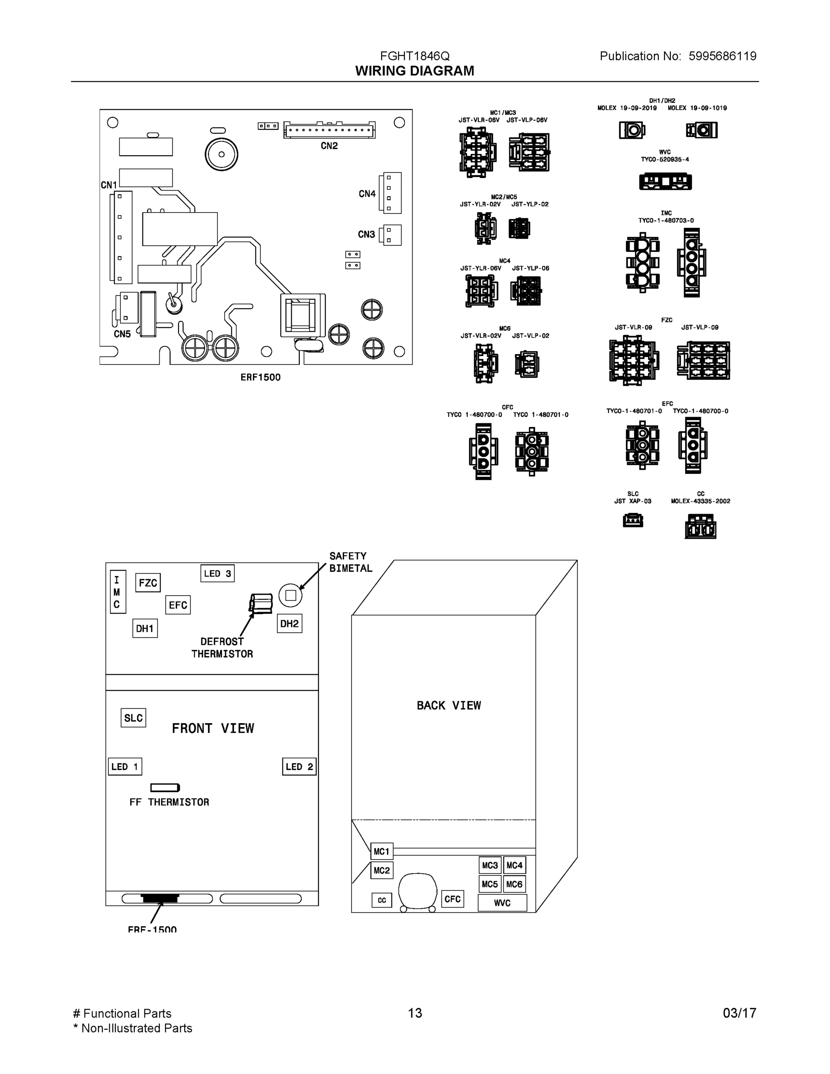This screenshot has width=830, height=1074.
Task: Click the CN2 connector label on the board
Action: [x=329, y=146]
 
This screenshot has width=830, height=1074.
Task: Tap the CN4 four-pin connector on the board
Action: [x=392, y=193]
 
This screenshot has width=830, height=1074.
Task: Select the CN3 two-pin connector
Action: [x=392, y=235]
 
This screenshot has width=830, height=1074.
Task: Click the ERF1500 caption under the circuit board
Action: [x=260, y=377]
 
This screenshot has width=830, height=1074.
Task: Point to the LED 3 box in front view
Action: [x=217, y=573]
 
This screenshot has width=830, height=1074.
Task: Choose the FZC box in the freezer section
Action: [x=148, y=583]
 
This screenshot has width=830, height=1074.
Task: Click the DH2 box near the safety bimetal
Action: [x=289, y=623]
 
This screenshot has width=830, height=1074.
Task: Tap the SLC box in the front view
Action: [x=133, y=718]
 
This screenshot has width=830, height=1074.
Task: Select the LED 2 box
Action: [x=299, y=767]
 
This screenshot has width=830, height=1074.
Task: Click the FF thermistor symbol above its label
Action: [x=165, y=788]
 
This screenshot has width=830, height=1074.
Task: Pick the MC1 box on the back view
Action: [x=381, y=851]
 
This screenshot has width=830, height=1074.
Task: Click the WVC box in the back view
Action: [x=502, y=903]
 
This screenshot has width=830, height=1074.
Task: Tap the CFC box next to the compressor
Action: [x=452, y=899]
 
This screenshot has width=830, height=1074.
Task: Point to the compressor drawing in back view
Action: [x=417, y=892]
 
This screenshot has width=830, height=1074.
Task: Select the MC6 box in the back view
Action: [x=514, y=884]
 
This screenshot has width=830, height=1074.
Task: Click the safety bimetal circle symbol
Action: [x=290, y=595]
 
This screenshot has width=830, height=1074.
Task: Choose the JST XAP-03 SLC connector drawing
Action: [x=633, y=520]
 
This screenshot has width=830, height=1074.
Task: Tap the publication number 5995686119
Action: [x=722, y=56]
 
